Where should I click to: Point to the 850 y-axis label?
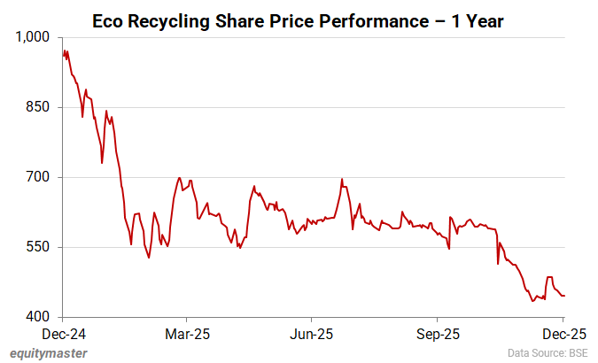pyautogui.click(x=41, y=107)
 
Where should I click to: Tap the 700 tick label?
pyautogui.click(x=41, y=177)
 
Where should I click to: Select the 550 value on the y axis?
pyautogui.click(x=41, y=247)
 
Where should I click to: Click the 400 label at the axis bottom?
pyautogui.click(x=41, y=317)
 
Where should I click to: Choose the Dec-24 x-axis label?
pyautogui.click(x=62, y=335)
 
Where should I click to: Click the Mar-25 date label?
pyautogui.click(x=187, y=335)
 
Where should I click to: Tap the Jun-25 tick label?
pyautogui.click(x=312, y=335)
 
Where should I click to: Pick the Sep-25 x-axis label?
pyautogui.click(x=438, y=335)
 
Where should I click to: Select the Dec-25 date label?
pyautogui.click(x=563, y=335)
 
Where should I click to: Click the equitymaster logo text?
pyautogui.click(x=50, y=352)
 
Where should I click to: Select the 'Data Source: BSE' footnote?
pyautogui.click(x=547, y=352)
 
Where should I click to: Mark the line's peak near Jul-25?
pyautogui.click(x=341, y=179)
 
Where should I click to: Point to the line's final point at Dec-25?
pyautogui.click(x=564, y=295)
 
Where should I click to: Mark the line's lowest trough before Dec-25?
pyautogui.click(x=532, y=301)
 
